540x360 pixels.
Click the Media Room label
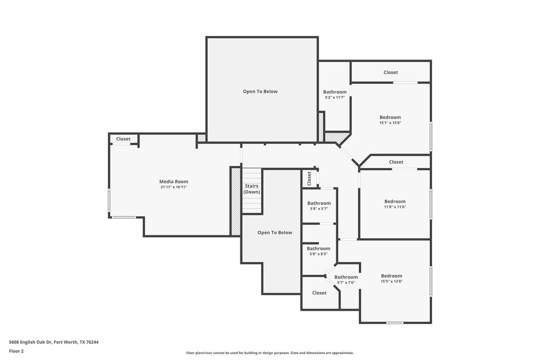coord(173,181)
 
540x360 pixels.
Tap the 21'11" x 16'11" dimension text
coord(173,187)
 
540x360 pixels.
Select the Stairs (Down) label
coord(252,189)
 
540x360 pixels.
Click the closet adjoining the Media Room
coord(123,139)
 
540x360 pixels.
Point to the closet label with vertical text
coord(309,178)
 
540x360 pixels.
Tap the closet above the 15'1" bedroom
coord(391,72)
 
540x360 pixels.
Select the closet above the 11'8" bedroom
coord(396,162)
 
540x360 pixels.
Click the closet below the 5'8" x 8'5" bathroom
coord(319,293)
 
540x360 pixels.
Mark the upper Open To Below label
coord(260,91)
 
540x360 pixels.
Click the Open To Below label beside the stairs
coord(274,233)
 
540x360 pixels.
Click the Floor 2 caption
coord(16,351)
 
